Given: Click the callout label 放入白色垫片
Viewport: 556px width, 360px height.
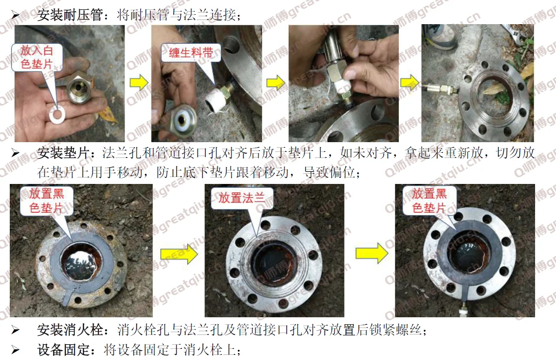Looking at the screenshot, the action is (37, 57).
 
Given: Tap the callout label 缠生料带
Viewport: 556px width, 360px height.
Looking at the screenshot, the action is (191, 53).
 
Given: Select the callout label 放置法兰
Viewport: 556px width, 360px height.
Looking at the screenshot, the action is (242, 197).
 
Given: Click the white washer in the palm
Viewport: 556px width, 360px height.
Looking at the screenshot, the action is (57, 114).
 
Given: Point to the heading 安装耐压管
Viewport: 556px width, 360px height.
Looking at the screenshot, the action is (70, 15).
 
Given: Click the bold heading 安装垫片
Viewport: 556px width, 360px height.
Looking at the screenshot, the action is (63, 153).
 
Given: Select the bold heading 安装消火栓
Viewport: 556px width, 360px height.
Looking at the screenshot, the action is (70, 330).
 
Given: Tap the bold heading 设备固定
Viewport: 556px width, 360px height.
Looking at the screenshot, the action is (63, 350).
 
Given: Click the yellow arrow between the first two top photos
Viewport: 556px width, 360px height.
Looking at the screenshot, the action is (139, 83).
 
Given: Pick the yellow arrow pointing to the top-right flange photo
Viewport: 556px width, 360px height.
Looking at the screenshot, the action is (410, 83).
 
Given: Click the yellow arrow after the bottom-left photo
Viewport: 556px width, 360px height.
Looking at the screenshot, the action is (179, 254).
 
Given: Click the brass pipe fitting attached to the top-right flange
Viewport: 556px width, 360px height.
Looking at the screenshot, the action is (439, 89).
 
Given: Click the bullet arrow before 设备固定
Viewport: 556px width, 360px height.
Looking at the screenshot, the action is (15, 350).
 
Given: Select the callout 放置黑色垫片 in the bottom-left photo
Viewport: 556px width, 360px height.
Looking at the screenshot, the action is (46, 201).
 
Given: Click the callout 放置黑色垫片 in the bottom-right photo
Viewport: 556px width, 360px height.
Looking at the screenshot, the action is (429, 201).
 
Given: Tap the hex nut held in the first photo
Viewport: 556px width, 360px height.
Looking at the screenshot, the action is (80, 87).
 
